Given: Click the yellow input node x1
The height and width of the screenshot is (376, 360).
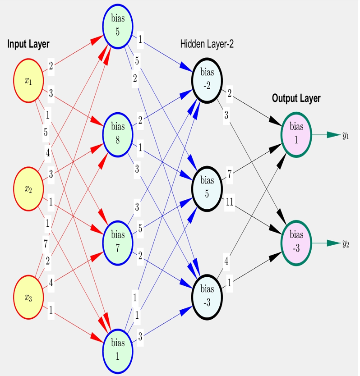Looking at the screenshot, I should [28, 81].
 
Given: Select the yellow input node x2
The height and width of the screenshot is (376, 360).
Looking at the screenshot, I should [28, 188].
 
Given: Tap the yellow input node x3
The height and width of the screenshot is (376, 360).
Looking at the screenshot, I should [28, 297].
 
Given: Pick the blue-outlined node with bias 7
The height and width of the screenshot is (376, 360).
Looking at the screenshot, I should [118, 241].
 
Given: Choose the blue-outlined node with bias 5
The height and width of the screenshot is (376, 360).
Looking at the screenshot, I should [118, 25].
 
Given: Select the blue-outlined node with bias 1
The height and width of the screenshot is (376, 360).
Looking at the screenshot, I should [118, 348].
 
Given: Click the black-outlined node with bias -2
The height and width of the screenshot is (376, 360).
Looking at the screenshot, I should [207, 80].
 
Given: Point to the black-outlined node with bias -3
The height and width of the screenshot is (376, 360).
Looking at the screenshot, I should [207, 296].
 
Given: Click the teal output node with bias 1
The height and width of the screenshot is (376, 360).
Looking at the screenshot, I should [296, 133].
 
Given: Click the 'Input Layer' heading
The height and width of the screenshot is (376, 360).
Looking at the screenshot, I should [28, 44].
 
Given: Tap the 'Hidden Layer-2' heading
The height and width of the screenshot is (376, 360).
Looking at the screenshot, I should [207, 44].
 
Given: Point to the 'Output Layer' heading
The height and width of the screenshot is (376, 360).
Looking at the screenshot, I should [296, 98].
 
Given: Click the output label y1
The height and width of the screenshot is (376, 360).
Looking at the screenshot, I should [346, 135].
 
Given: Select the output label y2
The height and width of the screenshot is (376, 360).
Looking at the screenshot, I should [346, 243].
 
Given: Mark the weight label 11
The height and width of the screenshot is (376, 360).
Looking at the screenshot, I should [230, 202].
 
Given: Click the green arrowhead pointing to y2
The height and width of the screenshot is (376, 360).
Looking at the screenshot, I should [333, 243].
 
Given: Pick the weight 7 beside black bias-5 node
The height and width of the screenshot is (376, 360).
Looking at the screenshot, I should [230, 175].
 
